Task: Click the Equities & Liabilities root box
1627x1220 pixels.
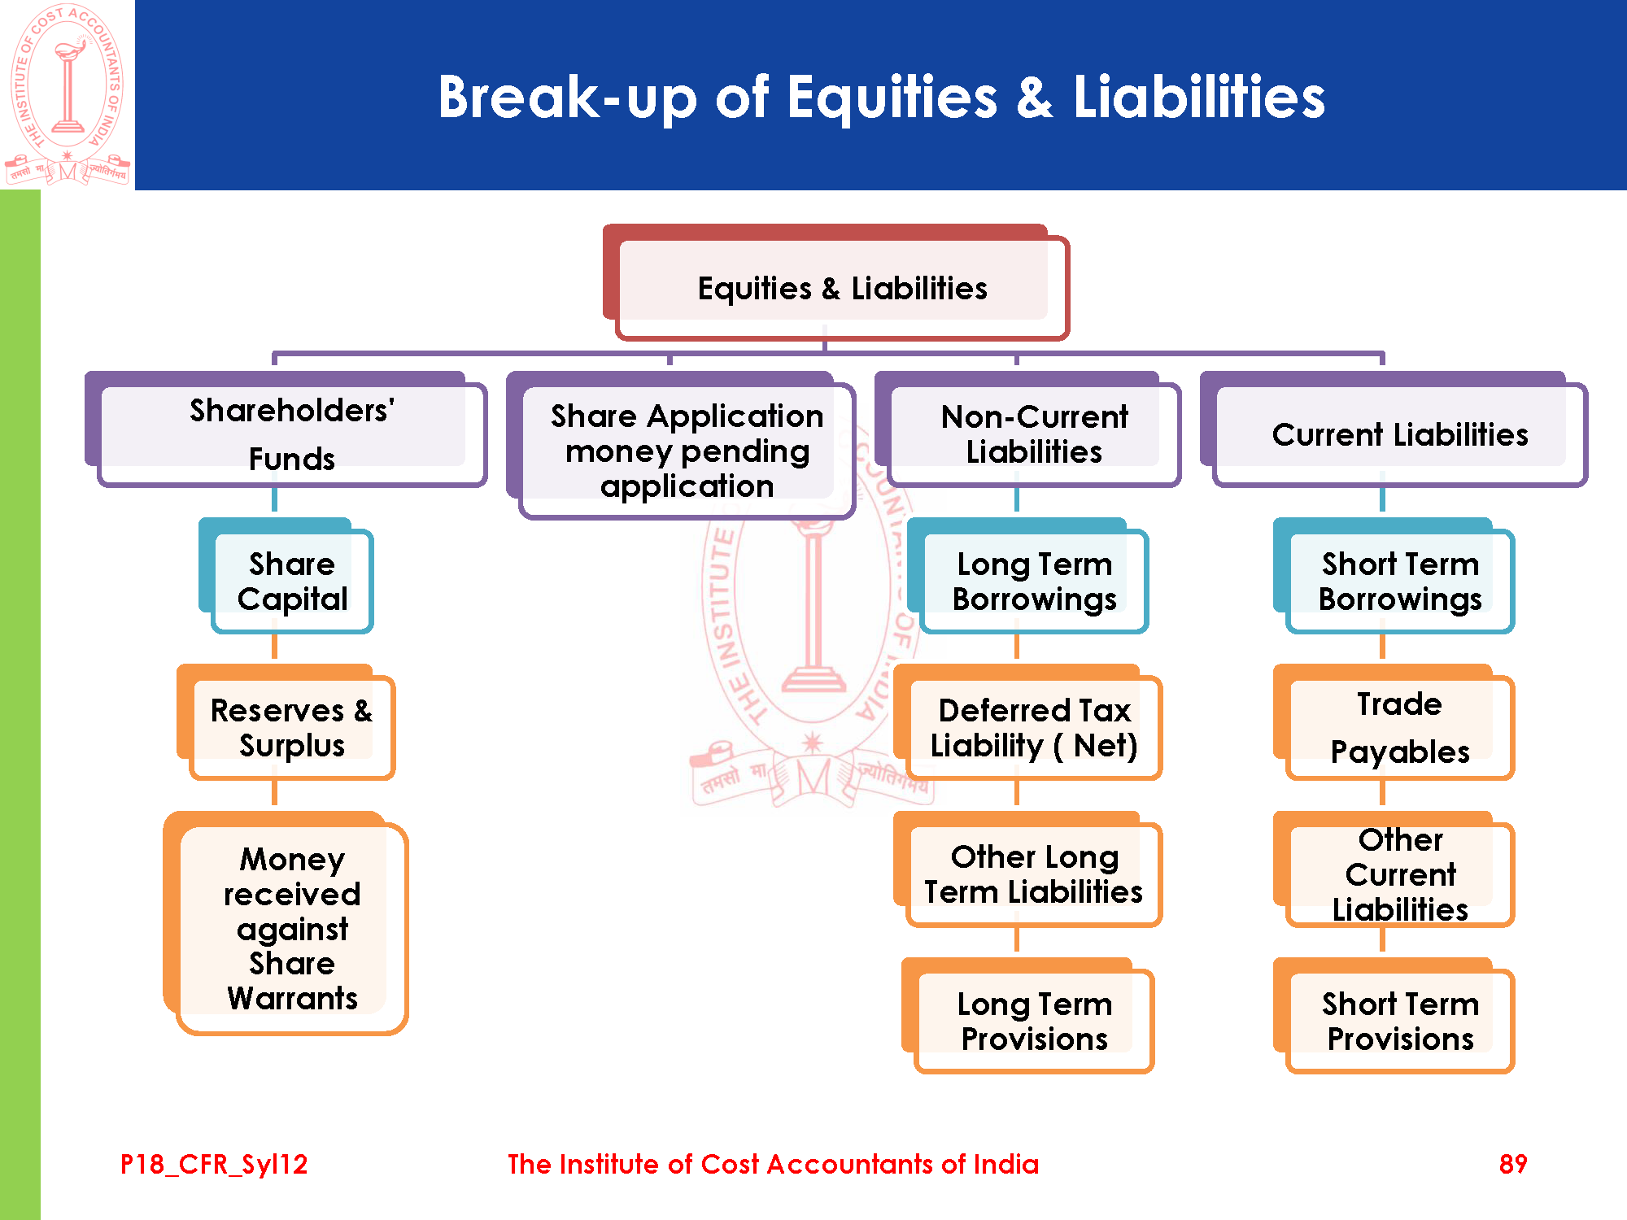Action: point(836,282)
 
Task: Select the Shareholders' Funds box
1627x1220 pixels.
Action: point(286,429)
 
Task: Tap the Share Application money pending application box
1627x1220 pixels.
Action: point(681,446)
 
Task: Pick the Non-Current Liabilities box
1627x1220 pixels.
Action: point(1028,429)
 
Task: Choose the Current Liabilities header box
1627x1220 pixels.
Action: point(1394,429)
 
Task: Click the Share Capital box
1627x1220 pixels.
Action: point(286,576)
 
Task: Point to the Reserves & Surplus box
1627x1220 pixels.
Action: point(286,722)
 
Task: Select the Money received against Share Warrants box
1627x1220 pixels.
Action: point(286,923)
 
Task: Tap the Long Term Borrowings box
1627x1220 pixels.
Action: point(1028,576)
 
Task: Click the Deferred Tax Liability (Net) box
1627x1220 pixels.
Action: point(1028,722)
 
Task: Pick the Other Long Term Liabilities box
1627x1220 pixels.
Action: point(1028,869)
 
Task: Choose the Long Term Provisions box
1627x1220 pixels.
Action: point(1028,1016)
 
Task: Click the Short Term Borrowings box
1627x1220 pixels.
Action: point(1394,576)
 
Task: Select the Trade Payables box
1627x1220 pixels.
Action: point(1394,722)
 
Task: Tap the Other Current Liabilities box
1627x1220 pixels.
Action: point(1394,869)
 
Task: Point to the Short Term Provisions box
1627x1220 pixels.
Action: point(1394,1016)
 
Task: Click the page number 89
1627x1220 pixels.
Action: point(1513,1164)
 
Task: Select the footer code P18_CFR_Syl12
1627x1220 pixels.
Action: point(214,1165)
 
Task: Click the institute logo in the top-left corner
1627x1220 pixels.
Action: point(68,94)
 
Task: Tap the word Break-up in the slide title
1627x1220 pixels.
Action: point(568,98)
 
